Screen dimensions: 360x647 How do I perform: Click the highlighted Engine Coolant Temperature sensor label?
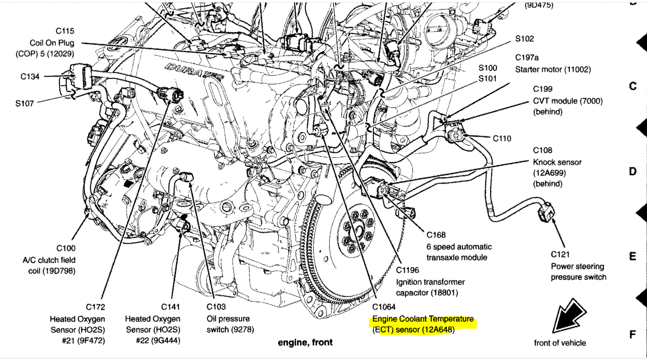tap(423, 324)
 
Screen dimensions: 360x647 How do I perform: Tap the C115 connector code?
tap(65, 31)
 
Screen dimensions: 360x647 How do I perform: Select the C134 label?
tap(30, 77)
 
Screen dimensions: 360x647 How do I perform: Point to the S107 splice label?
tap(24, 103)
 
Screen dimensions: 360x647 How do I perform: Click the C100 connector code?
tap(66, 248)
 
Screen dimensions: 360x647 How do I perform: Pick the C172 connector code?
tap(95, 307)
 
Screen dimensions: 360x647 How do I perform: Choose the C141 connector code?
tap(170, 307)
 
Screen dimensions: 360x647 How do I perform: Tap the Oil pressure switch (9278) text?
tap(230, 324)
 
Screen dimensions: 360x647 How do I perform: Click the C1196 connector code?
tap(407, 270)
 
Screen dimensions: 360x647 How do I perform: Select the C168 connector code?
tap(436, 235)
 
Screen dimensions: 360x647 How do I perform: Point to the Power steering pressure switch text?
tap(578, 272)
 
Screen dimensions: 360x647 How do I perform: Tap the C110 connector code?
tap(502, 138)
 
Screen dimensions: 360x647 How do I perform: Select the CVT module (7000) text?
tap(567, 101)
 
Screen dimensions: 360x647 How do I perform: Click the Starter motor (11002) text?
tap(553, 69)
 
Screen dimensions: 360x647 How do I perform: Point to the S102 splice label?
tap(525, 39)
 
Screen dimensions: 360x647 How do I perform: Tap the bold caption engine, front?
tap(305, 342)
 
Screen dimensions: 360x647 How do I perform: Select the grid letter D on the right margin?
tap(633, 172)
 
